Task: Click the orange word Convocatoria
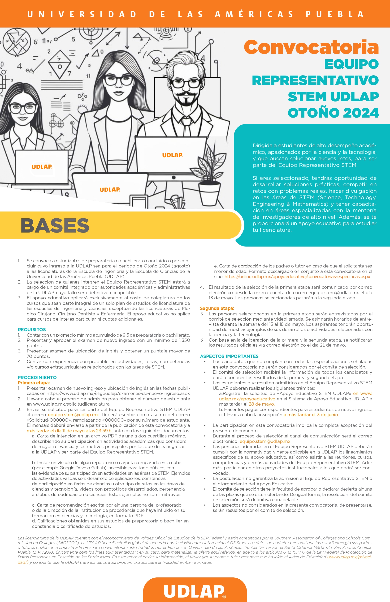click(311, 47)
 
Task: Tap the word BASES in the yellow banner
click(55, 225)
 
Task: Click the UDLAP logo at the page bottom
click(195, 591)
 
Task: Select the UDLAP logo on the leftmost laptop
click(42, 167)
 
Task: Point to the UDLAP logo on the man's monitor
click(172, 155)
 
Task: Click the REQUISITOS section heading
click(32, 330)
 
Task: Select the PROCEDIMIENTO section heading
click(37, 377)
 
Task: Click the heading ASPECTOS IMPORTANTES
click(229, 356)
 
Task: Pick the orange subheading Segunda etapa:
click(217, 308)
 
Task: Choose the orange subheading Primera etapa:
click(34, 383)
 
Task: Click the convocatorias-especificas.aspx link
click(297, 276)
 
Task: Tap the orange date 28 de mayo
click(261, 404)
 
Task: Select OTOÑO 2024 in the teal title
click(333, 113)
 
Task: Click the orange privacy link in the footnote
click(350, 557)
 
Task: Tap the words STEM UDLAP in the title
click(333, 97)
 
